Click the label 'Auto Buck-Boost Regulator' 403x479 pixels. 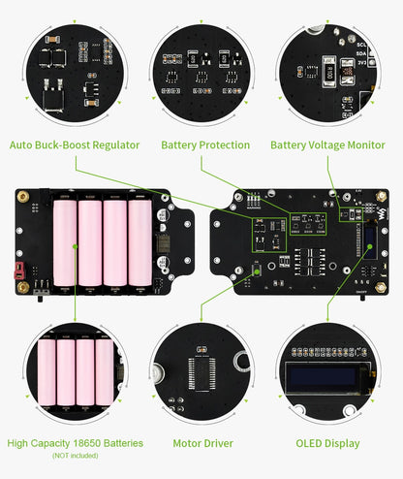pyautogui.click(x=75, y=145)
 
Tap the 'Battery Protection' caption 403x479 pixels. pyautogui.click(x=204, y=145)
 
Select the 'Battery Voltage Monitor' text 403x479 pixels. pyautogui.click(x=326, y=145)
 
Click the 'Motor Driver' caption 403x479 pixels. pyautogui.click(x=202, y=443)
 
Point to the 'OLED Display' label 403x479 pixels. pyautogui.click(x=327, y=443)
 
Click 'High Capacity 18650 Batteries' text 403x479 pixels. pyautogui.click(x=75, y=443)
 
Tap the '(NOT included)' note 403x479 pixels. pyautogui.click(x=75, y=456)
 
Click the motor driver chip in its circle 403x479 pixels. pyautogui.click(x=202, y=371)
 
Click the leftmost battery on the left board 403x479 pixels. pyautogui.click(x=64, y=243)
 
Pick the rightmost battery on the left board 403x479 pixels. pyautogui.click(x=140, y=243)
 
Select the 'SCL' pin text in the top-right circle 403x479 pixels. pyautogui.click(x=362, y=44)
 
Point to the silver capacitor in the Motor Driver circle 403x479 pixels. pyautogui.click(x=158, y=374)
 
